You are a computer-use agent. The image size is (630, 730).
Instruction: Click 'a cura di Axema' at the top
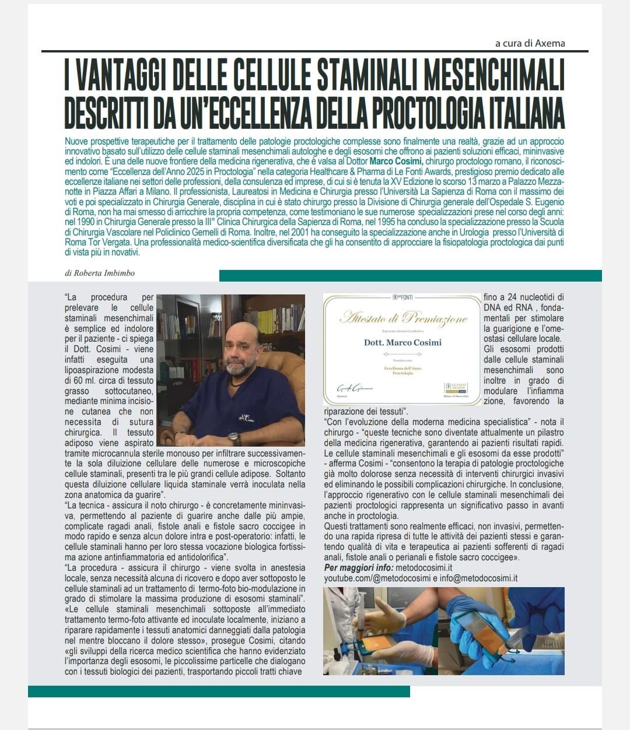530,43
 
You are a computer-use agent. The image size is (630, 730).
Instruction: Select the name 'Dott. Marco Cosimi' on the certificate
403,342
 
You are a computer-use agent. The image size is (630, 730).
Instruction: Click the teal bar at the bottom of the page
219,692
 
